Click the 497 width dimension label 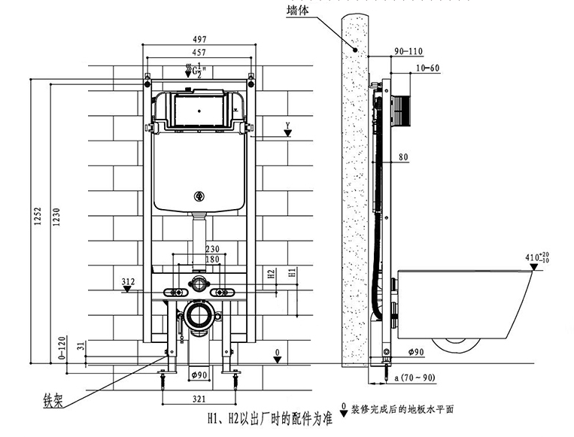(199, 39)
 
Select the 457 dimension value (199, 53)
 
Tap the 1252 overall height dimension (38, 217)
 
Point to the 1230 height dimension (56, 217)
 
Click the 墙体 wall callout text (298, 10)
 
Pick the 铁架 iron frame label (53, 400)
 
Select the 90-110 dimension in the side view (408, 51)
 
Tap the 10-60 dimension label (427, 68)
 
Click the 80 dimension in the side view (403, 157)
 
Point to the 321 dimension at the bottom (199, 399)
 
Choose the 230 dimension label (212, 249)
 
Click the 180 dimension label (212, 259)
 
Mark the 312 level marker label (128, 281)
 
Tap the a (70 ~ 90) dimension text (415, 377)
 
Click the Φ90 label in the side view (416, 352)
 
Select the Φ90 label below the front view (199, 375)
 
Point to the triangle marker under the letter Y (288, 134)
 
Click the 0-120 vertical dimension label (62, 347)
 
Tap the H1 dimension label (292, 272)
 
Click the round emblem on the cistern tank (199, 196)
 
